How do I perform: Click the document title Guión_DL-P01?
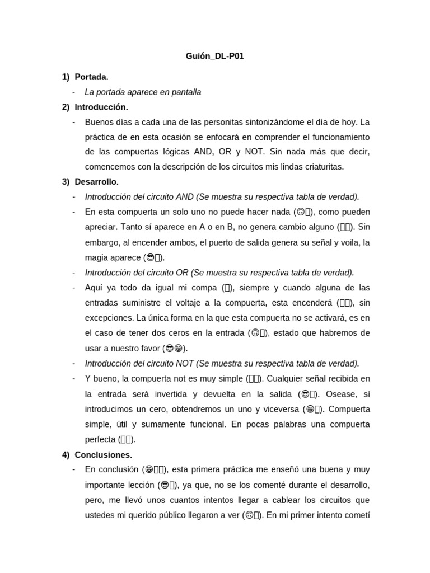[x=215, y=57]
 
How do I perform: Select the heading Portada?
[x=91, y=77]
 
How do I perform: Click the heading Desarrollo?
[x=96, y=182]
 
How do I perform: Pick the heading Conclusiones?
[x=103, y=454]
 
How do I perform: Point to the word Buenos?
[x=99, y=122]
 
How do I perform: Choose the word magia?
[x=96, y=257]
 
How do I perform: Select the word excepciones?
[x=109, y=318]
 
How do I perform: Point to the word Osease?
[x=340, y=394]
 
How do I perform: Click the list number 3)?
[x=66, y=182]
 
